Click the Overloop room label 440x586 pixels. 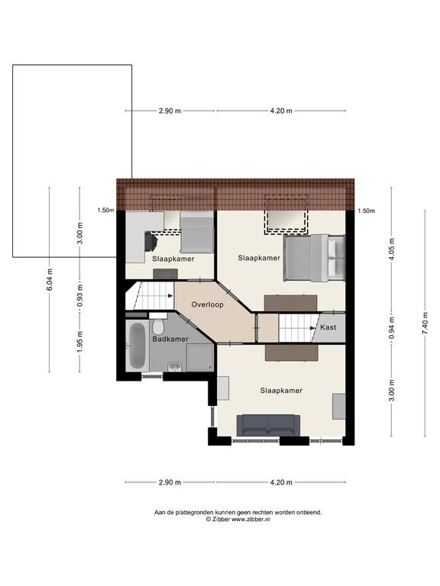coord(207,304)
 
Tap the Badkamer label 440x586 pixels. coord(170,339)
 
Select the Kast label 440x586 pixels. coord(328,327)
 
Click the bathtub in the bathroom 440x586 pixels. coord(137,346)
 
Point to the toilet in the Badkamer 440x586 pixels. coord(158,324)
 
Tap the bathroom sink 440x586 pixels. coord(175,366)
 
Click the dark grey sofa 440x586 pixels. coord(268,425)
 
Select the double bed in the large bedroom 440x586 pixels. coord(314,258)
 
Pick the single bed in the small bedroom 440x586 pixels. coord(197,232)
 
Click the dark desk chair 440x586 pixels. coord(150,242)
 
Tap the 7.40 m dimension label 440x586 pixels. coord(425,324)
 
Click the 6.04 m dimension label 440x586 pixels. coord(50,279)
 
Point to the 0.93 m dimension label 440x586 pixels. coord(79,295)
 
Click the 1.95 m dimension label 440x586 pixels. coord(79,342)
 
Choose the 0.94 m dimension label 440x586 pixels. coord(392,328)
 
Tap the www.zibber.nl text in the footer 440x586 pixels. coord(251,519)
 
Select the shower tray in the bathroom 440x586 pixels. coord(200,358)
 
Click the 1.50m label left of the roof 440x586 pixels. coord(105,210)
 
